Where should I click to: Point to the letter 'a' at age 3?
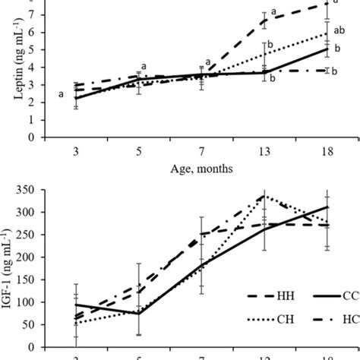[x=61, y=95]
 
